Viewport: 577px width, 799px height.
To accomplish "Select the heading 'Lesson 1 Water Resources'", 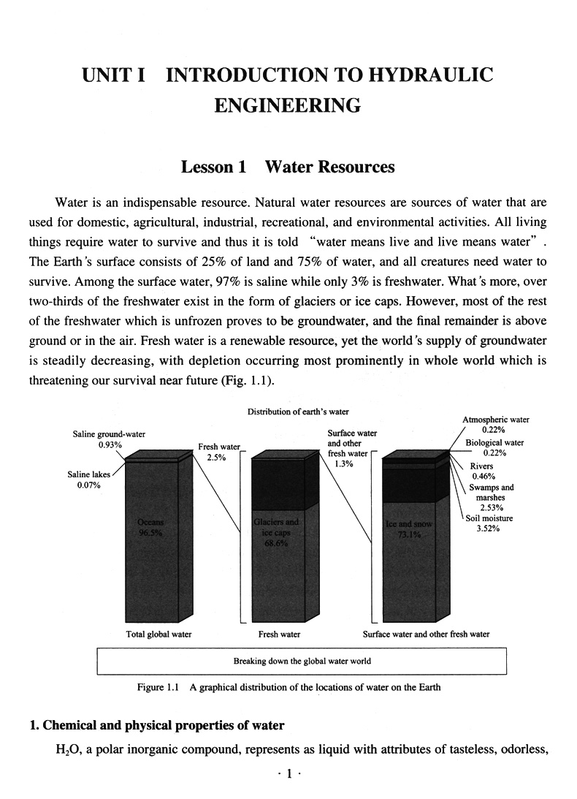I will tap(288, 167).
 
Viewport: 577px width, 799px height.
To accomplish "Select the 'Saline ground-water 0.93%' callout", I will tap(109, 439).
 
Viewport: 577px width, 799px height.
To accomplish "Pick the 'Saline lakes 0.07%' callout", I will tap(89, 480).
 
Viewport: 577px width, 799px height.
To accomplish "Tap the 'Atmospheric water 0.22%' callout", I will tap(496, 424).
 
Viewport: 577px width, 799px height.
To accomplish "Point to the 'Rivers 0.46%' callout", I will tap(481, 471).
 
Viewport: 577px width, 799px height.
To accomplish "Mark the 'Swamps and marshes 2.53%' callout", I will tap(491, 497).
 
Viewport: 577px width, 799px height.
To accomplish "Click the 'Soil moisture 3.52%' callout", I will tap(490, 523).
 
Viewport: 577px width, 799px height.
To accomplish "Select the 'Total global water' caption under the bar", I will tap(158, 634).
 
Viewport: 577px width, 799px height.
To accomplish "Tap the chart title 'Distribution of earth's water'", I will tap(288, 412).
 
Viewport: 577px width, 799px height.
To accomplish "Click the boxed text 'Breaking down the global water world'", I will tap(302, 661).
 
